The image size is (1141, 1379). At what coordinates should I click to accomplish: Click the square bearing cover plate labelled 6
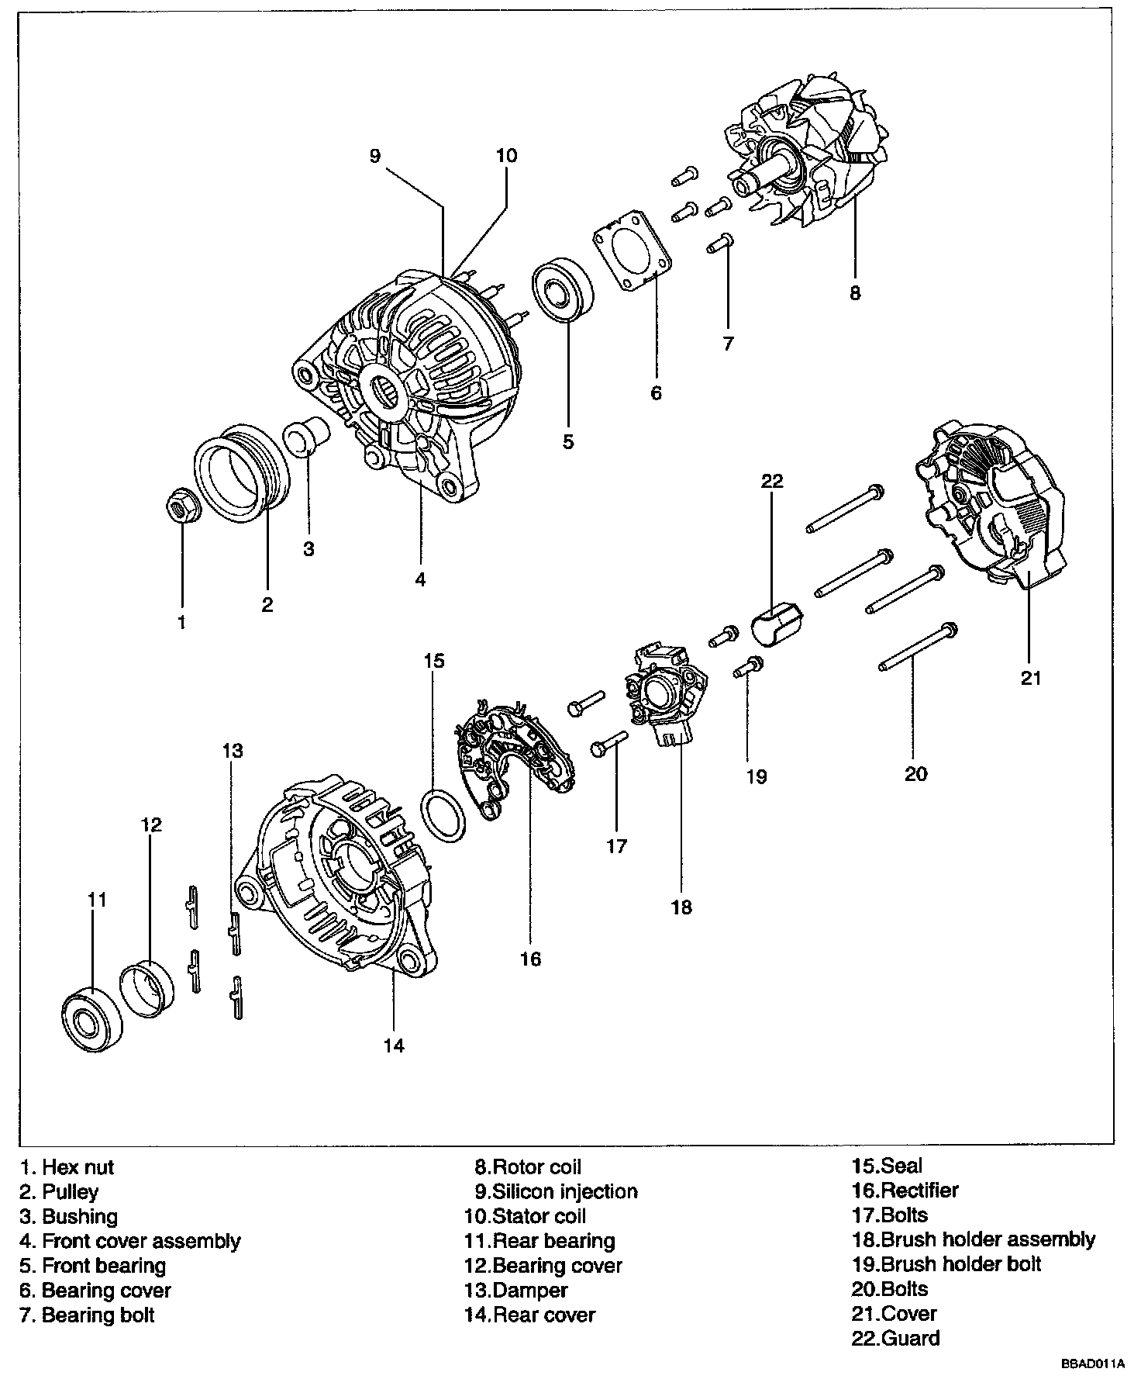[x=631, y=250]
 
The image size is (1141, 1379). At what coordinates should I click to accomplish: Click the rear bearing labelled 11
[x=91, y=1019]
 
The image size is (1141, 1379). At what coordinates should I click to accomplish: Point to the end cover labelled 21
[x=990, y=505]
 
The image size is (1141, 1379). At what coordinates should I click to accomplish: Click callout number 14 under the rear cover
[x=394, y=1046]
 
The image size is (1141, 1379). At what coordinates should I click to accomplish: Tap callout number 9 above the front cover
[x=375, y=156]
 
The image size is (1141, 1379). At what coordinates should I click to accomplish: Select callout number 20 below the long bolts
[x=915, y=774]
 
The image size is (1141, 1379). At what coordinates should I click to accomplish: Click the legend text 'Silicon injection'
[x=566, y=1191]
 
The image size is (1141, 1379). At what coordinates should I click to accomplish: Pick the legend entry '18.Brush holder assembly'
[x=974, y=1239]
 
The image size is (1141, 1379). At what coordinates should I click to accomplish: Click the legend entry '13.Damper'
[x=516, y=1291]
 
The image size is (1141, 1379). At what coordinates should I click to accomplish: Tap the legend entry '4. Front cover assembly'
[x=130, y=1241]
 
